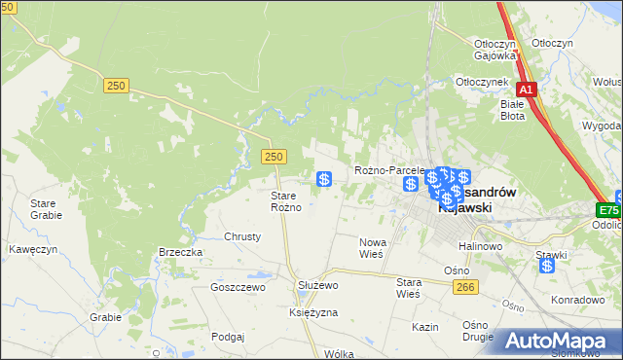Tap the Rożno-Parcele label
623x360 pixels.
390,170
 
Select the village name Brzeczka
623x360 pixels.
180,252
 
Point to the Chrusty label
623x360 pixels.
243,236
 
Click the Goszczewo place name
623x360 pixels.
238,287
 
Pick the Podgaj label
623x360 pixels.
226,336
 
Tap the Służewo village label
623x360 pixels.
316,285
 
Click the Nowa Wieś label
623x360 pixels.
373,247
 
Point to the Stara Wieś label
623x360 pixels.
408,287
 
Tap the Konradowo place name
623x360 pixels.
578,300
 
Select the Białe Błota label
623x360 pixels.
512,109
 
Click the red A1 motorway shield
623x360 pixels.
526,90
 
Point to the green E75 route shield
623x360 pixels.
608,210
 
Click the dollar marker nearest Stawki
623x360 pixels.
548,265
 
